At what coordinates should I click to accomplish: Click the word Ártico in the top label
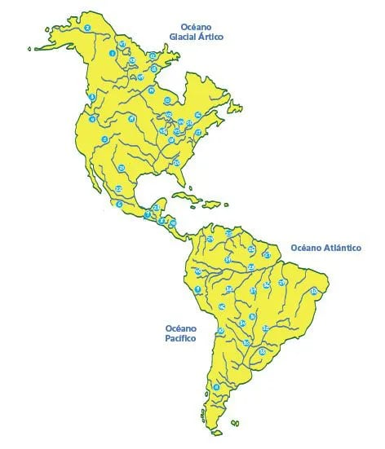pyautogui.click(x=210, y=37)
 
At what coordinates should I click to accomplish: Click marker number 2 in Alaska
pyautogui.click(x=87, y=29)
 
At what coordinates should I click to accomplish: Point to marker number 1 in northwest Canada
pyautogui.click(x=113, y=54)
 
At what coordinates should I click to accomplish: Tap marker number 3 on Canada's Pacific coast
pyautogui.click(x=92, y=97)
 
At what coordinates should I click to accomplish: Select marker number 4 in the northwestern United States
pyautogui.click(x=93, y=119)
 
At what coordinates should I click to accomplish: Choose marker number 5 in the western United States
pyautogui.click(x=104, y=140)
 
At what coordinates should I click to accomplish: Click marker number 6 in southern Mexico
pyautogui.click(x=119, y=204)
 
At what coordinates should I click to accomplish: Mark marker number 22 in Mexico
pyautogui.click(x=118, y=188)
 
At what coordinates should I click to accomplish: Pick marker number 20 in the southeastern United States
pyautogui.click(x=176, y=163)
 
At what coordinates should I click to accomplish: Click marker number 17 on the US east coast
pyautogui.click(x=198, y=132)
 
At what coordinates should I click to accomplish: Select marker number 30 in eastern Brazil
pyautogui.click(x=314, y=290)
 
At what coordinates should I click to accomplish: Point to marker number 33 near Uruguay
pyautogui.click(x=262, y=352)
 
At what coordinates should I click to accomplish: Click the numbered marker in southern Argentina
pyautogui.click(x=216, y=386)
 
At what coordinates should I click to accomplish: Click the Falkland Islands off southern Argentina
pyautogui.click(x=234, y=423)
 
